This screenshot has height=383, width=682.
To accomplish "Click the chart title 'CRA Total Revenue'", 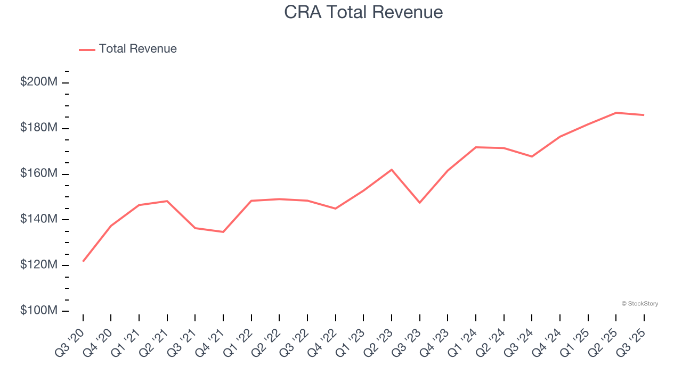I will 363,12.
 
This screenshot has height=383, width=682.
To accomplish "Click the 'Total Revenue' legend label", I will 137,49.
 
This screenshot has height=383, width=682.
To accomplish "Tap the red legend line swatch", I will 87,49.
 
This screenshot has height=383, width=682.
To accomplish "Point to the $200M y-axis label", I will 39,82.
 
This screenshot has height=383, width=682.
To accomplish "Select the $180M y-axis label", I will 39,128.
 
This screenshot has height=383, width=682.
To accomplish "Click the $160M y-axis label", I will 39,173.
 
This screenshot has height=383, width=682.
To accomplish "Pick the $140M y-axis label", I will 39,219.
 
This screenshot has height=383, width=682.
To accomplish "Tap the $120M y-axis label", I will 39,265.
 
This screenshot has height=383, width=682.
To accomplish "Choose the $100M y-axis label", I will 39,310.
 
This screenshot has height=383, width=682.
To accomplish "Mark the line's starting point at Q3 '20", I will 83,261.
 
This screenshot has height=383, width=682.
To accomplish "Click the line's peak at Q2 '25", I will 616,113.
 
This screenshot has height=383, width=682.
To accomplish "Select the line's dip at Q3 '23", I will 420,203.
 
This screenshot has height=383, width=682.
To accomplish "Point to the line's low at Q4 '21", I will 223,232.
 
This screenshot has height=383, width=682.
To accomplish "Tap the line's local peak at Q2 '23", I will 392,170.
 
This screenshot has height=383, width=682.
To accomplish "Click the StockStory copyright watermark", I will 639,304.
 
